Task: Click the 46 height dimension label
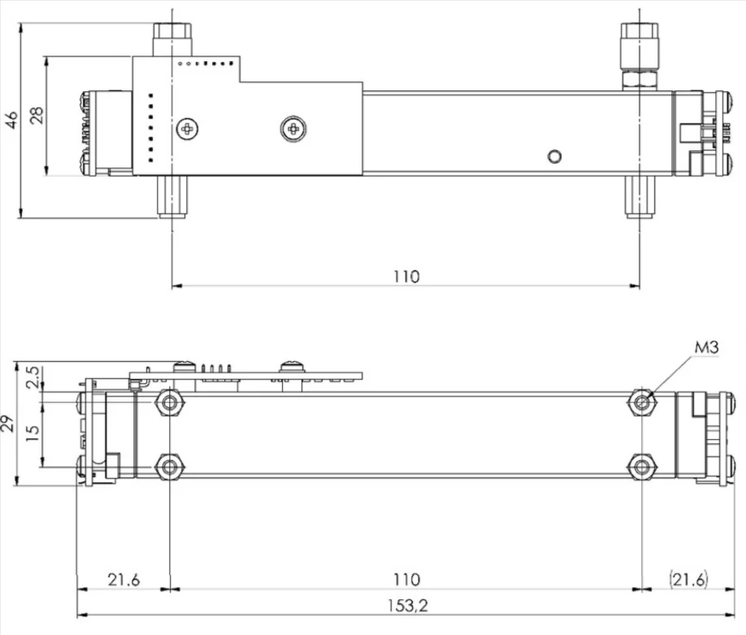click(11, 120)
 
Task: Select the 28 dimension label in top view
click(37, 115)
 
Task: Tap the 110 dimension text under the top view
click(406, 276)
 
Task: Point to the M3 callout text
click(706, 347)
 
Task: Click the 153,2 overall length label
click(408, 606)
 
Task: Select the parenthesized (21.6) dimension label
click(688, 580)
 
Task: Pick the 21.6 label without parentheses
click(124, 580)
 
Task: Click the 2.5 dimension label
click(33, 377)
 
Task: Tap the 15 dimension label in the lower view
click(33, 433)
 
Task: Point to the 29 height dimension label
click(7, 424)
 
